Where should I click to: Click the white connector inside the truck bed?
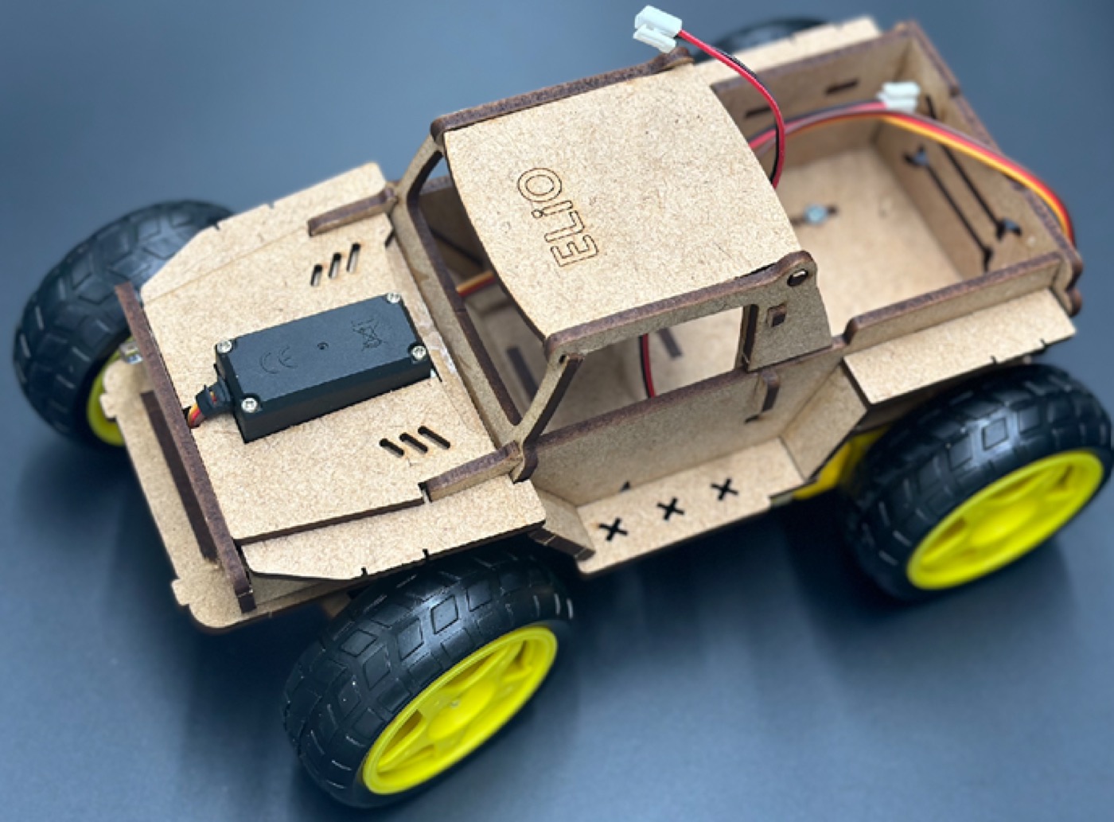pyautogui.click(x=900, y=97)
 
